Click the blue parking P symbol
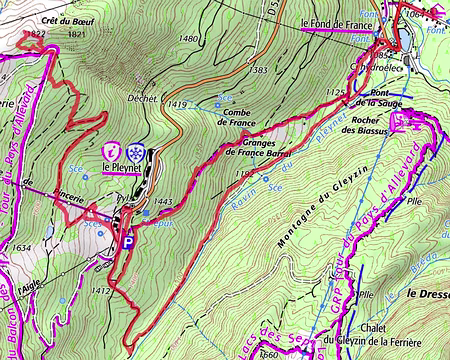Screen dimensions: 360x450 (128, 241)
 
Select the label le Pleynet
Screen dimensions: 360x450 (124, 167)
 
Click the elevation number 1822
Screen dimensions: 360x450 (38, 33)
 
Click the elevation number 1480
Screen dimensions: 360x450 (188, 38)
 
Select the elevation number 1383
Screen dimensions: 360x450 (259, 70)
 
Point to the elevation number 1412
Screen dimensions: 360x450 (100, 291)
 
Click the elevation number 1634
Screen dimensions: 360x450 (20, 247)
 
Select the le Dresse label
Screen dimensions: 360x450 (427, 293)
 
